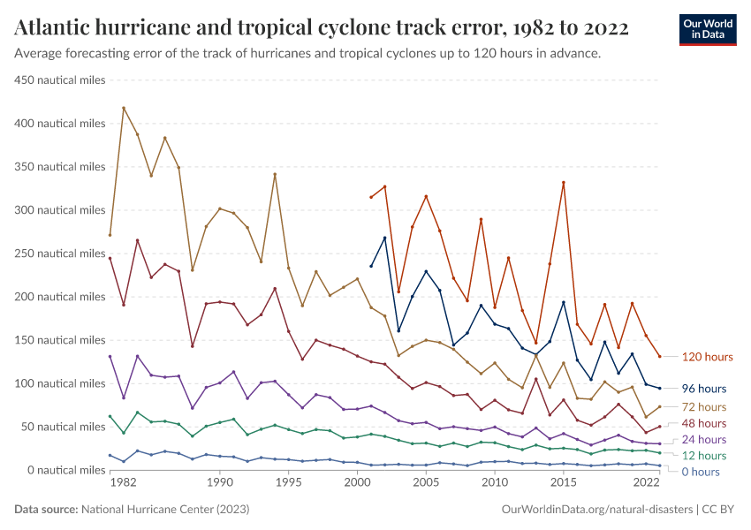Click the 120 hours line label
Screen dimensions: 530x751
click(707, 357)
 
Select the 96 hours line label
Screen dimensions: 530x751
click(703, 388)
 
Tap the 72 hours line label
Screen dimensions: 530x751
click(703, 406)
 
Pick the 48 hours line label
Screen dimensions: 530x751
click(703, 423)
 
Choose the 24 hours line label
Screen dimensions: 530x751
click(703, 439)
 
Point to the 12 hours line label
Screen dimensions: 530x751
click(703, 455)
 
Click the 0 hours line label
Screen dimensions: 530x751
click(701, 472)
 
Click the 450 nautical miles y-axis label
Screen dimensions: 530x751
click(60, 79)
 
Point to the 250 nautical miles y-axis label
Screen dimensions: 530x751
click(60, 253)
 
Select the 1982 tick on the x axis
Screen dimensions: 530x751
click(124, 484)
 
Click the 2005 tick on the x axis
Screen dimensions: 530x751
click(426, 484)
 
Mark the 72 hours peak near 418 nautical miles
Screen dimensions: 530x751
click(124, 108)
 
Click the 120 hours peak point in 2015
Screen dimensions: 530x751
click(563, 183)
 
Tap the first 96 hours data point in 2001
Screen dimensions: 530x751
click(371, 266)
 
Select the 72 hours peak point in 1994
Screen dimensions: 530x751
click(275, 174)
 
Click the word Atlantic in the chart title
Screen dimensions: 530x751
click(53, 28)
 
